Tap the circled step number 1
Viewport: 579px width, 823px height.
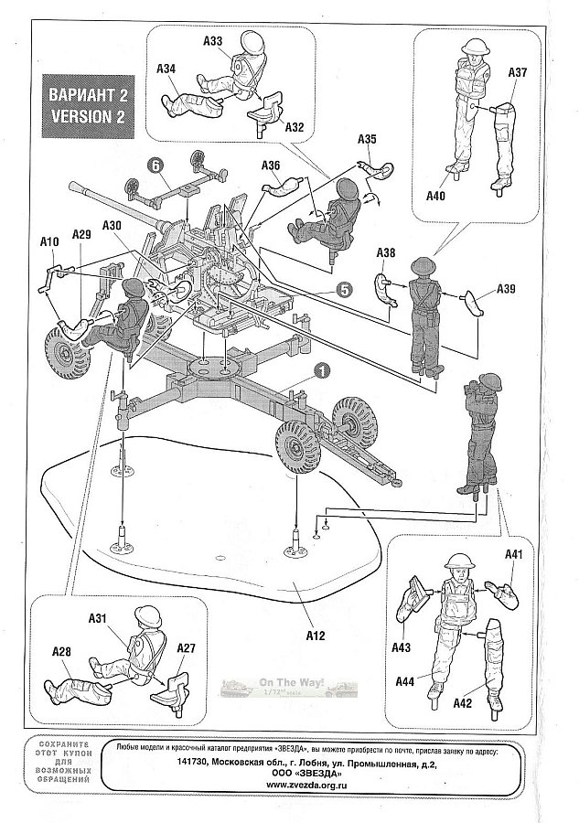click(321, 370)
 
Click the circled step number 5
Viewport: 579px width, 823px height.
click(342, 289)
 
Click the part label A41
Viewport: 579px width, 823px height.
click(512, 553)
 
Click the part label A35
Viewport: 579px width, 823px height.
click(367, 139)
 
